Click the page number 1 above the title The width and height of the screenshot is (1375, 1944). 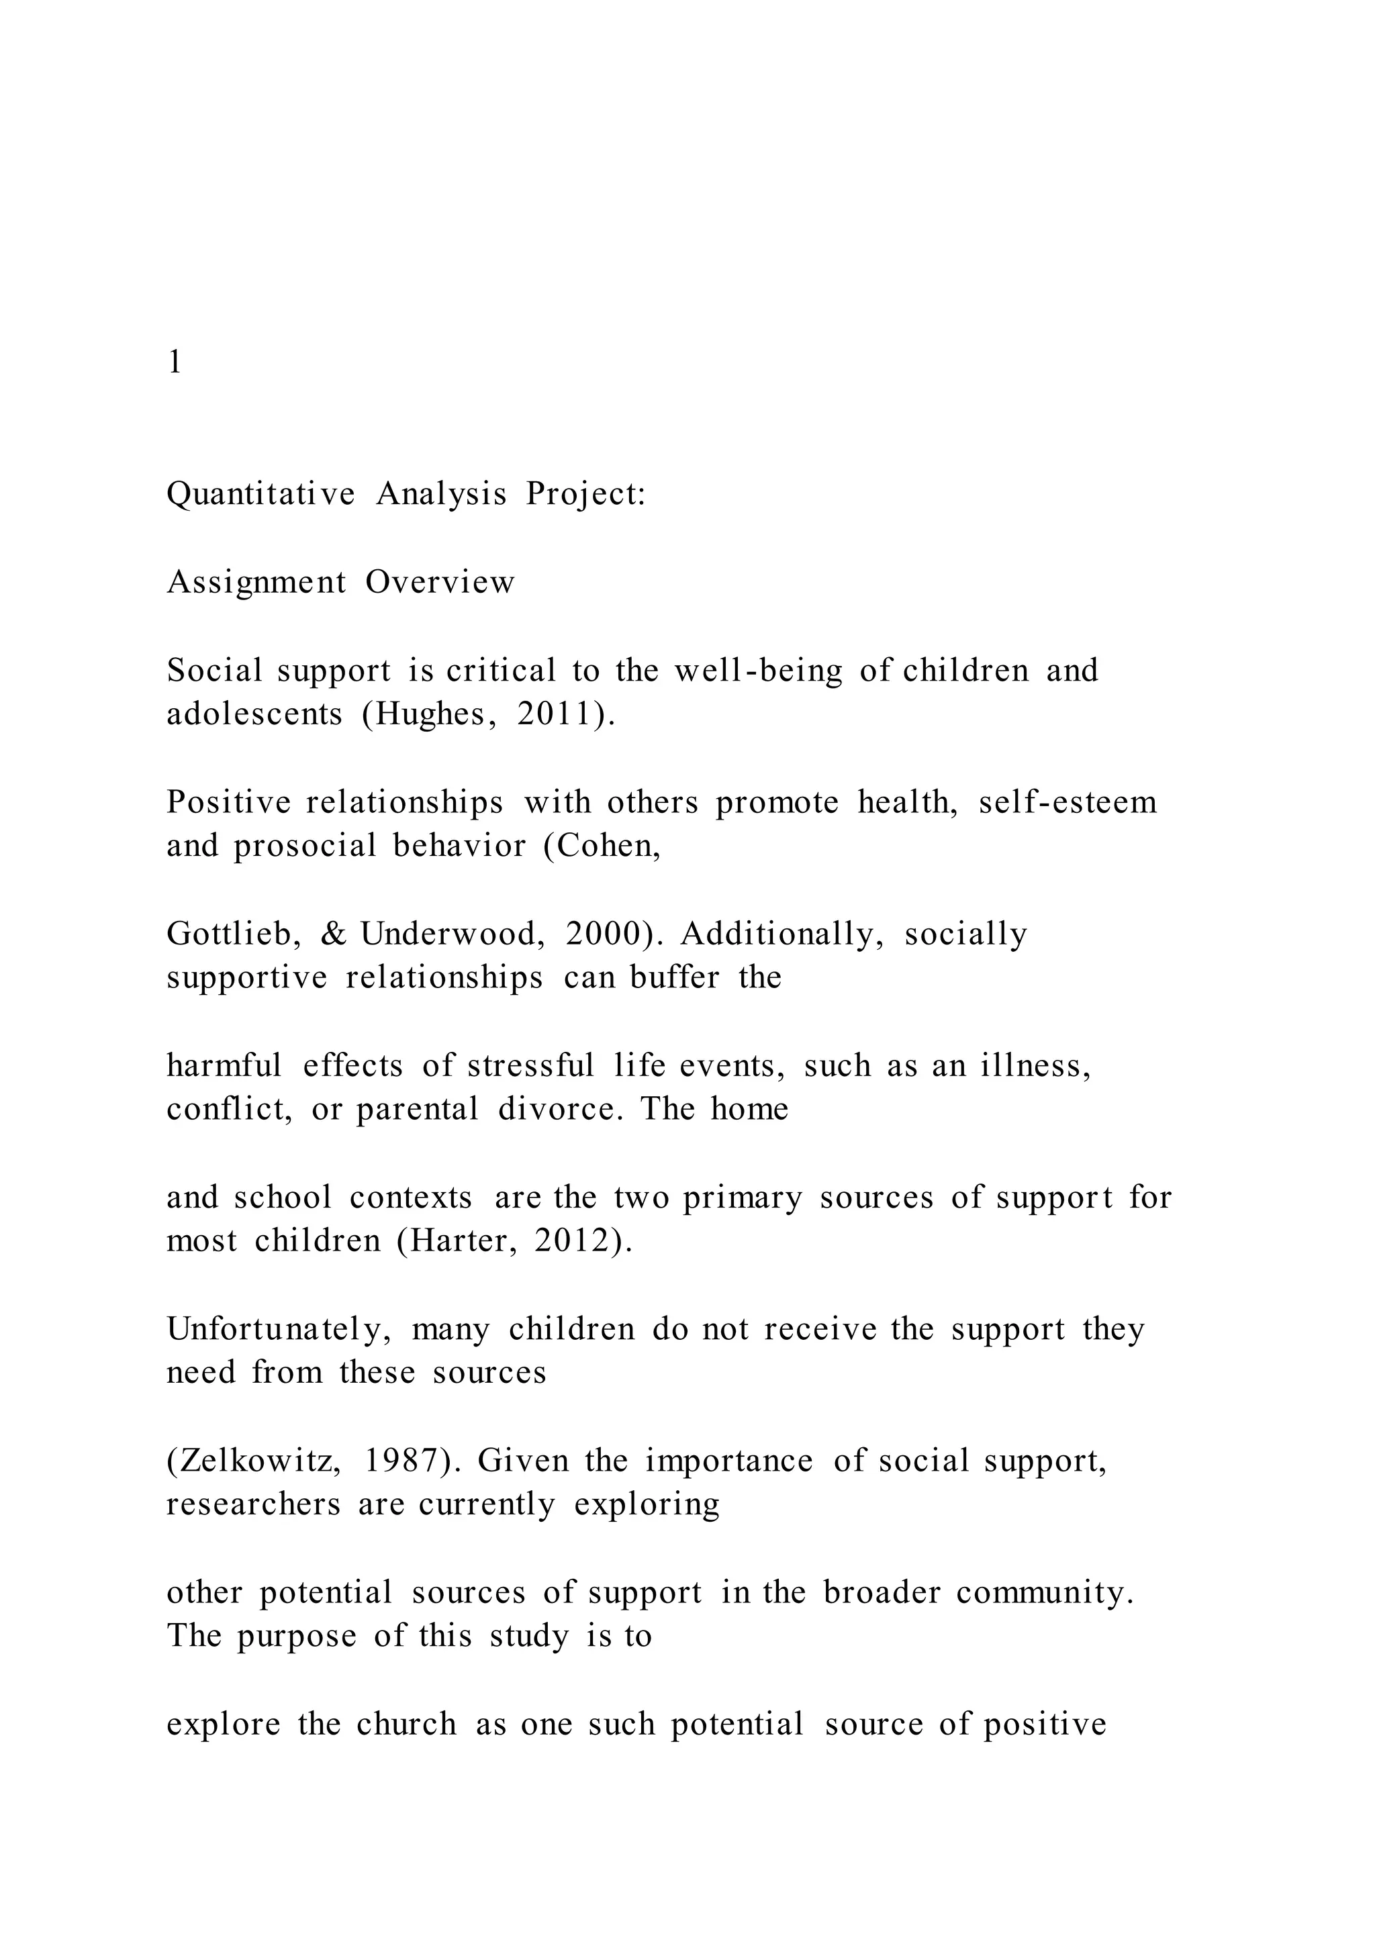(175, 362)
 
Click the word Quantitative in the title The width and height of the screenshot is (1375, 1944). (260, 493)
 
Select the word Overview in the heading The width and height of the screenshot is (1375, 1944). (440, 583)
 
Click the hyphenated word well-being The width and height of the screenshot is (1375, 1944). (759, 671)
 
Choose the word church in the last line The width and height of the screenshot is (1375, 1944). (406, 1724)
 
